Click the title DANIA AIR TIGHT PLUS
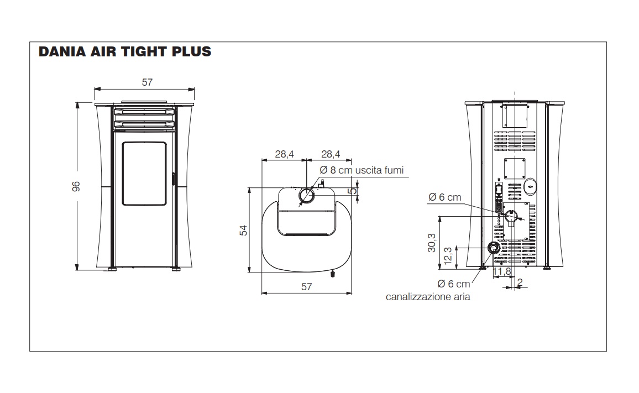pos(125,52)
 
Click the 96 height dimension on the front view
pos(76,186)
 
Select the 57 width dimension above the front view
pos(147,82)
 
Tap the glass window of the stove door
pos(145,173)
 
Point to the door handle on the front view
pos(173,180)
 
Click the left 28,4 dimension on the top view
pos(284,154)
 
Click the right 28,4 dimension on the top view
pos(331,154)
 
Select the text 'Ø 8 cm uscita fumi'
pos(362,170)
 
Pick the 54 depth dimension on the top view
pos(243,230)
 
